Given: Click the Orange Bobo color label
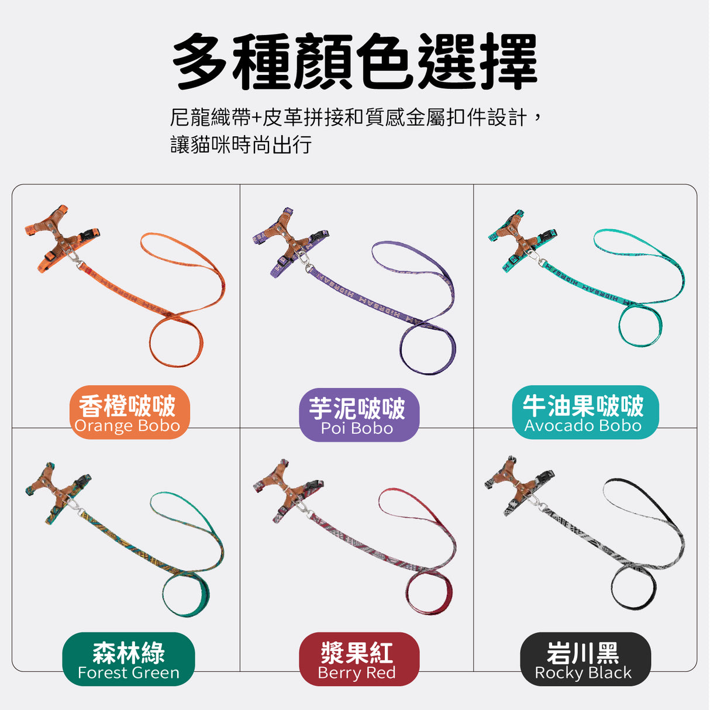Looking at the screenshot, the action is click(x=129, y=412).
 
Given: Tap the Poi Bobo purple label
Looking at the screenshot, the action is click(x=359, y=415).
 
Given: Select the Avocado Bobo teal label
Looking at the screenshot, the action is click(x=585, y=412).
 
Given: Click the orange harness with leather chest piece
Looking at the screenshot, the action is click(x=63, y=237).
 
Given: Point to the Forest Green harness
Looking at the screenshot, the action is click(x=59, y=492).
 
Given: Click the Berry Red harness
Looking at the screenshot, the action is click(x=289, y=490).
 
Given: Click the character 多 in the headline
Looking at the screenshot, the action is click(x=201, y=61).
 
